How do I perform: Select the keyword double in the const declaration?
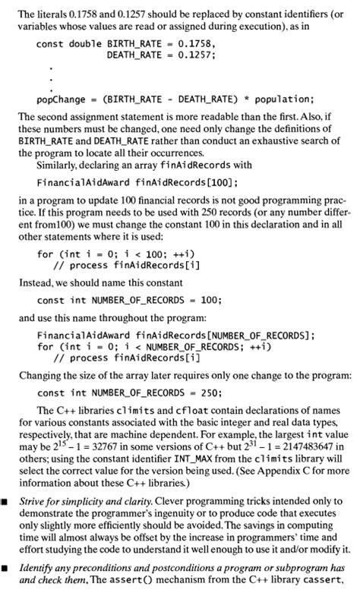coord(83,44)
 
